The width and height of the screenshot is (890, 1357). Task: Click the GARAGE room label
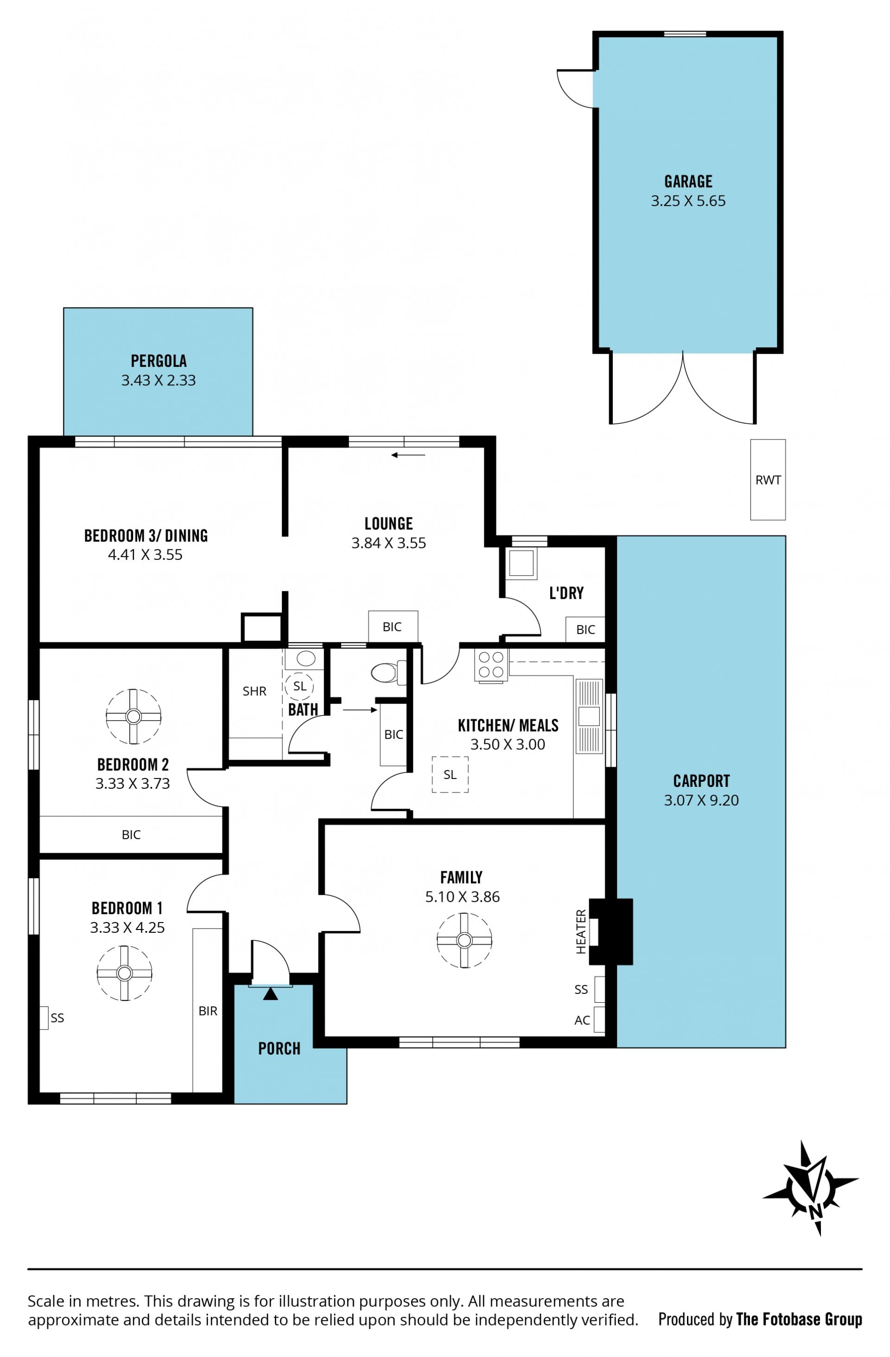(x=688, y=181)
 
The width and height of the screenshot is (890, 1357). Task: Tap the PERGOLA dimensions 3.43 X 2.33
(x=158, y=380)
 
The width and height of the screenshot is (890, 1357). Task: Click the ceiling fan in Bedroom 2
(x=133, y=716)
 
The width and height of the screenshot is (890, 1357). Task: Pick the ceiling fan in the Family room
(x=464, y=940)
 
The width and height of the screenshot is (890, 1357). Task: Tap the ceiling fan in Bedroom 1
(x=124, y=973)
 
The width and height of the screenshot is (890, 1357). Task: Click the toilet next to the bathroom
(x=388, y=672)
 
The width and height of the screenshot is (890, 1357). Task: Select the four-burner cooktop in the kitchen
(x=490, y=664)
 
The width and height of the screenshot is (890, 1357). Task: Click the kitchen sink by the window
(x=589, y=716)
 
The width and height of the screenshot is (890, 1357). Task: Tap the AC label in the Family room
(x=582, y=1020)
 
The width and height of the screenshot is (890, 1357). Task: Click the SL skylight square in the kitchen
(x=450, y=774)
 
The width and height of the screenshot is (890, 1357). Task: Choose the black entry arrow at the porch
(x=270, y=994)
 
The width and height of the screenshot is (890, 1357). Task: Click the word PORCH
(x=279, y=1048)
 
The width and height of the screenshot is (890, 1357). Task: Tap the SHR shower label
(x=254, y=691)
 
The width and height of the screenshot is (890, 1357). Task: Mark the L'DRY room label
(x=566, y=593)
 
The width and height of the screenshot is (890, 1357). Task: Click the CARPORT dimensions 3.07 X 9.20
(x=701, y=800)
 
